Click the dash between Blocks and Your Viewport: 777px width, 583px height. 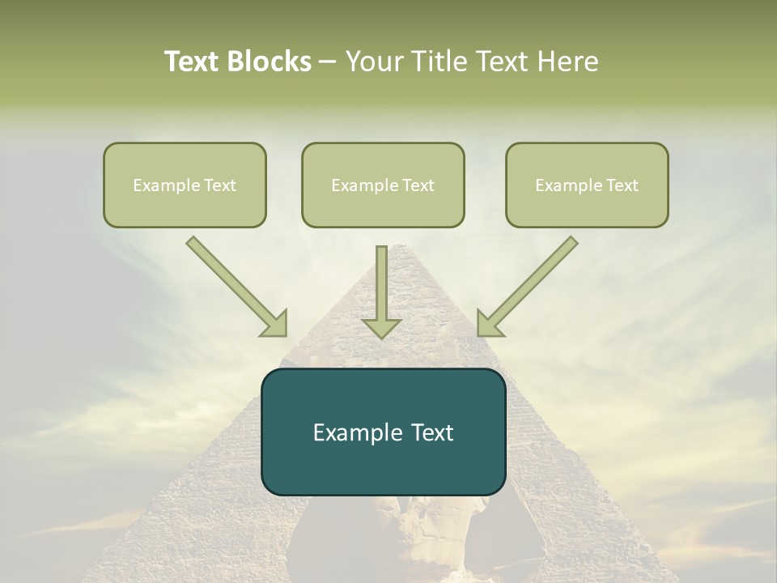coord(328,62)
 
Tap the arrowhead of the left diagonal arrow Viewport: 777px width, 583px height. coord(276,326)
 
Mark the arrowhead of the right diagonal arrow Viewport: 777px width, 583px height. coord(488,326)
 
